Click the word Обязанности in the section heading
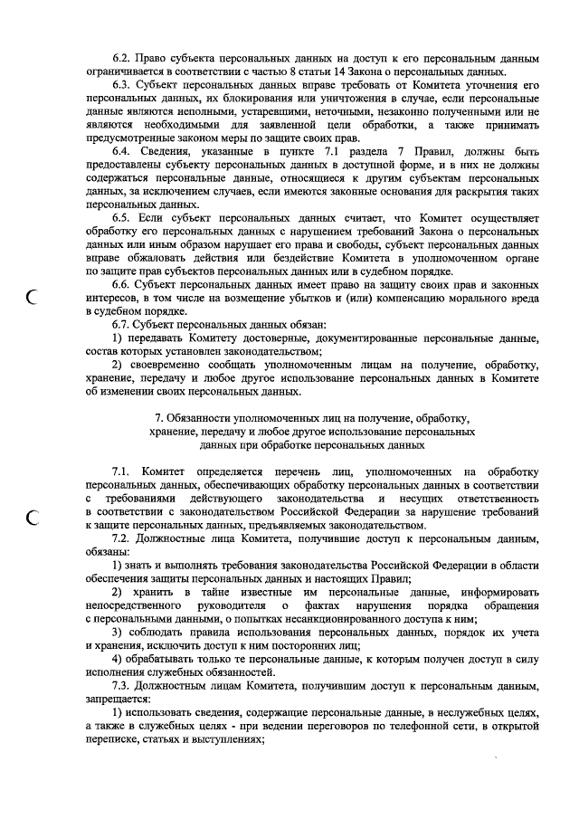[x=201, y=418]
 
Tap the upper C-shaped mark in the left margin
[x=33, y=295]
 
